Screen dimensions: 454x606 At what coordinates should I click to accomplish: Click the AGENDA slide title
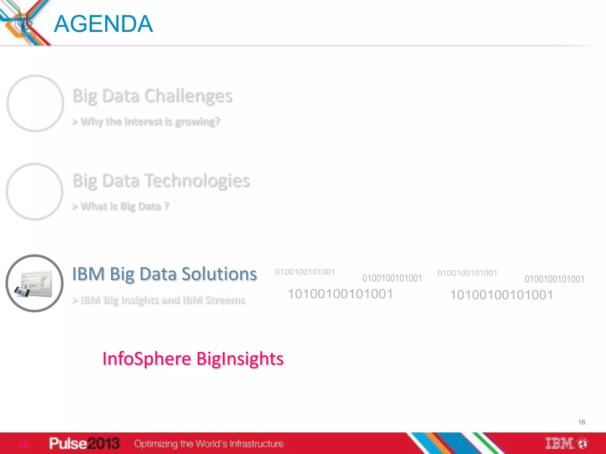(103, 24)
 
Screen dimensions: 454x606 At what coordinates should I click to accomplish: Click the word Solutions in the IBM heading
(219, 274)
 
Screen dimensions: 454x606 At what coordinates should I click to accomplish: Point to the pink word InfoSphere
(147, 359)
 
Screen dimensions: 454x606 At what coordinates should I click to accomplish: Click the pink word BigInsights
(240, 359)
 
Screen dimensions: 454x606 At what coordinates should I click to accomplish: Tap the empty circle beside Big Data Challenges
(35, 103)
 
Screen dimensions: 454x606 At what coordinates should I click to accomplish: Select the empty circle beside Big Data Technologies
(34, 192)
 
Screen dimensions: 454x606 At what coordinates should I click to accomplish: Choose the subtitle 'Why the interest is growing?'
(146, 121)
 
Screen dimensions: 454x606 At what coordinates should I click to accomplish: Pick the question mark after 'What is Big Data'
(166, 206)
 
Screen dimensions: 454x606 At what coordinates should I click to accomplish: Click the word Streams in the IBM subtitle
(225, 300)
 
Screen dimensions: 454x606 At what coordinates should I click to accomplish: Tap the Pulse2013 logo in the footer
(84, 443)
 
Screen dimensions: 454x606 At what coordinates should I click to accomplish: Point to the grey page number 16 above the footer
(581, 422)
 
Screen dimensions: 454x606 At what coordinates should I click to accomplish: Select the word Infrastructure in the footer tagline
(257, 444)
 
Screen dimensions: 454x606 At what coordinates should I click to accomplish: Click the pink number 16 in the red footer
(23, 445)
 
